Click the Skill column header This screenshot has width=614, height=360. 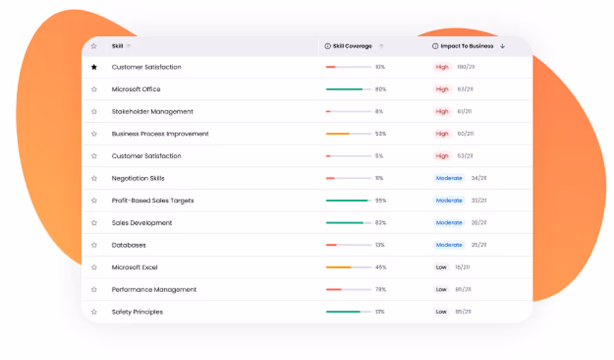[x=117, y=46]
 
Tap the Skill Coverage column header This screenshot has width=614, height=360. [x=352, y=46]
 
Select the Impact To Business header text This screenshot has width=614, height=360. [x=467, y=46]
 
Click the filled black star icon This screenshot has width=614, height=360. [x=94, y=67]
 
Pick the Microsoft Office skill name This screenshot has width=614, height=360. [x=136, y=89]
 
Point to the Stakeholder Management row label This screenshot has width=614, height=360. [x=152, y=111]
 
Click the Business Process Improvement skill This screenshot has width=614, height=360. [x=160, y=134]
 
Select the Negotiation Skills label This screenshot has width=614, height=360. [x=138, y=179]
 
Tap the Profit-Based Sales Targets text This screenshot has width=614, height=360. [x=152, y=201]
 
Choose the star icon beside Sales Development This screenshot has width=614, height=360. [x=94, y=223]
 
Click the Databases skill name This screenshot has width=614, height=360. [x=129, y=245]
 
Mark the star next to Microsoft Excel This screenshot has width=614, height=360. [x=94, y=267]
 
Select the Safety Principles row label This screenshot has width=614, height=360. [x=137, y=312]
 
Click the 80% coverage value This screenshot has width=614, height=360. [x=381, y=89]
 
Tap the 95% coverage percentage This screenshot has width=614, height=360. [x=381, y=201]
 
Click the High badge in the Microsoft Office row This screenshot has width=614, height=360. [x=443, y=89]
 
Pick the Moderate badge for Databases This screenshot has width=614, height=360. [x=449, y=245]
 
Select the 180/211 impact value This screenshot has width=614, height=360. [x=465, y=67]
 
